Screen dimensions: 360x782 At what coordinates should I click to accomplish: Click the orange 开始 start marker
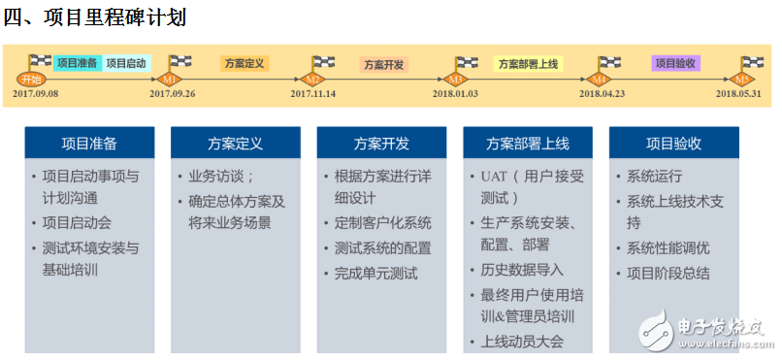[x=30, y=79]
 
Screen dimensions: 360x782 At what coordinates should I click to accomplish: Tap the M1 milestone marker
[x=171, y=79]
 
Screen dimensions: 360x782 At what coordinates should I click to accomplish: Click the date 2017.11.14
[x=312, y=94]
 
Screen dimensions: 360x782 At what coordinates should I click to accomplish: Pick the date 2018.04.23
[x=601, y=94]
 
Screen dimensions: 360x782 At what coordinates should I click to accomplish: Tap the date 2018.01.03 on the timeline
[x=456, y=94]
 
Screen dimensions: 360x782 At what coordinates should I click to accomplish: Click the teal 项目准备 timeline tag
[x=77, y=63]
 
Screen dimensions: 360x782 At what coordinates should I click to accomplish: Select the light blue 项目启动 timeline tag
[x=126, y=63]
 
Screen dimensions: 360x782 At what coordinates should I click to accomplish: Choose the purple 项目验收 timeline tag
[x=676, y=63]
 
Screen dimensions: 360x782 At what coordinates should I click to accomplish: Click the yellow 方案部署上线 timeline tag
[x=528, y=63]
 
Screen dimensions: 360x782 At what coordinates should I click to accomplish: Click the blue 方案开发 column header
[x=381, y=144]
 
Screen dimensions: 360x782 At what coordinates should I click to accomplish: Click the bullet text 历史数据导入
[x=522, y=270]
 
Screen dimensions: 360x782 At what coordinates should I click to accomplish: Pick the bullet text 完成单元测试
[x=375, y=273]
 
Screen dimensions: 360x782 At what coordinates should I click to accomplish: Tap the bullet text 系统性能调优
[x=668, y=247]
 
